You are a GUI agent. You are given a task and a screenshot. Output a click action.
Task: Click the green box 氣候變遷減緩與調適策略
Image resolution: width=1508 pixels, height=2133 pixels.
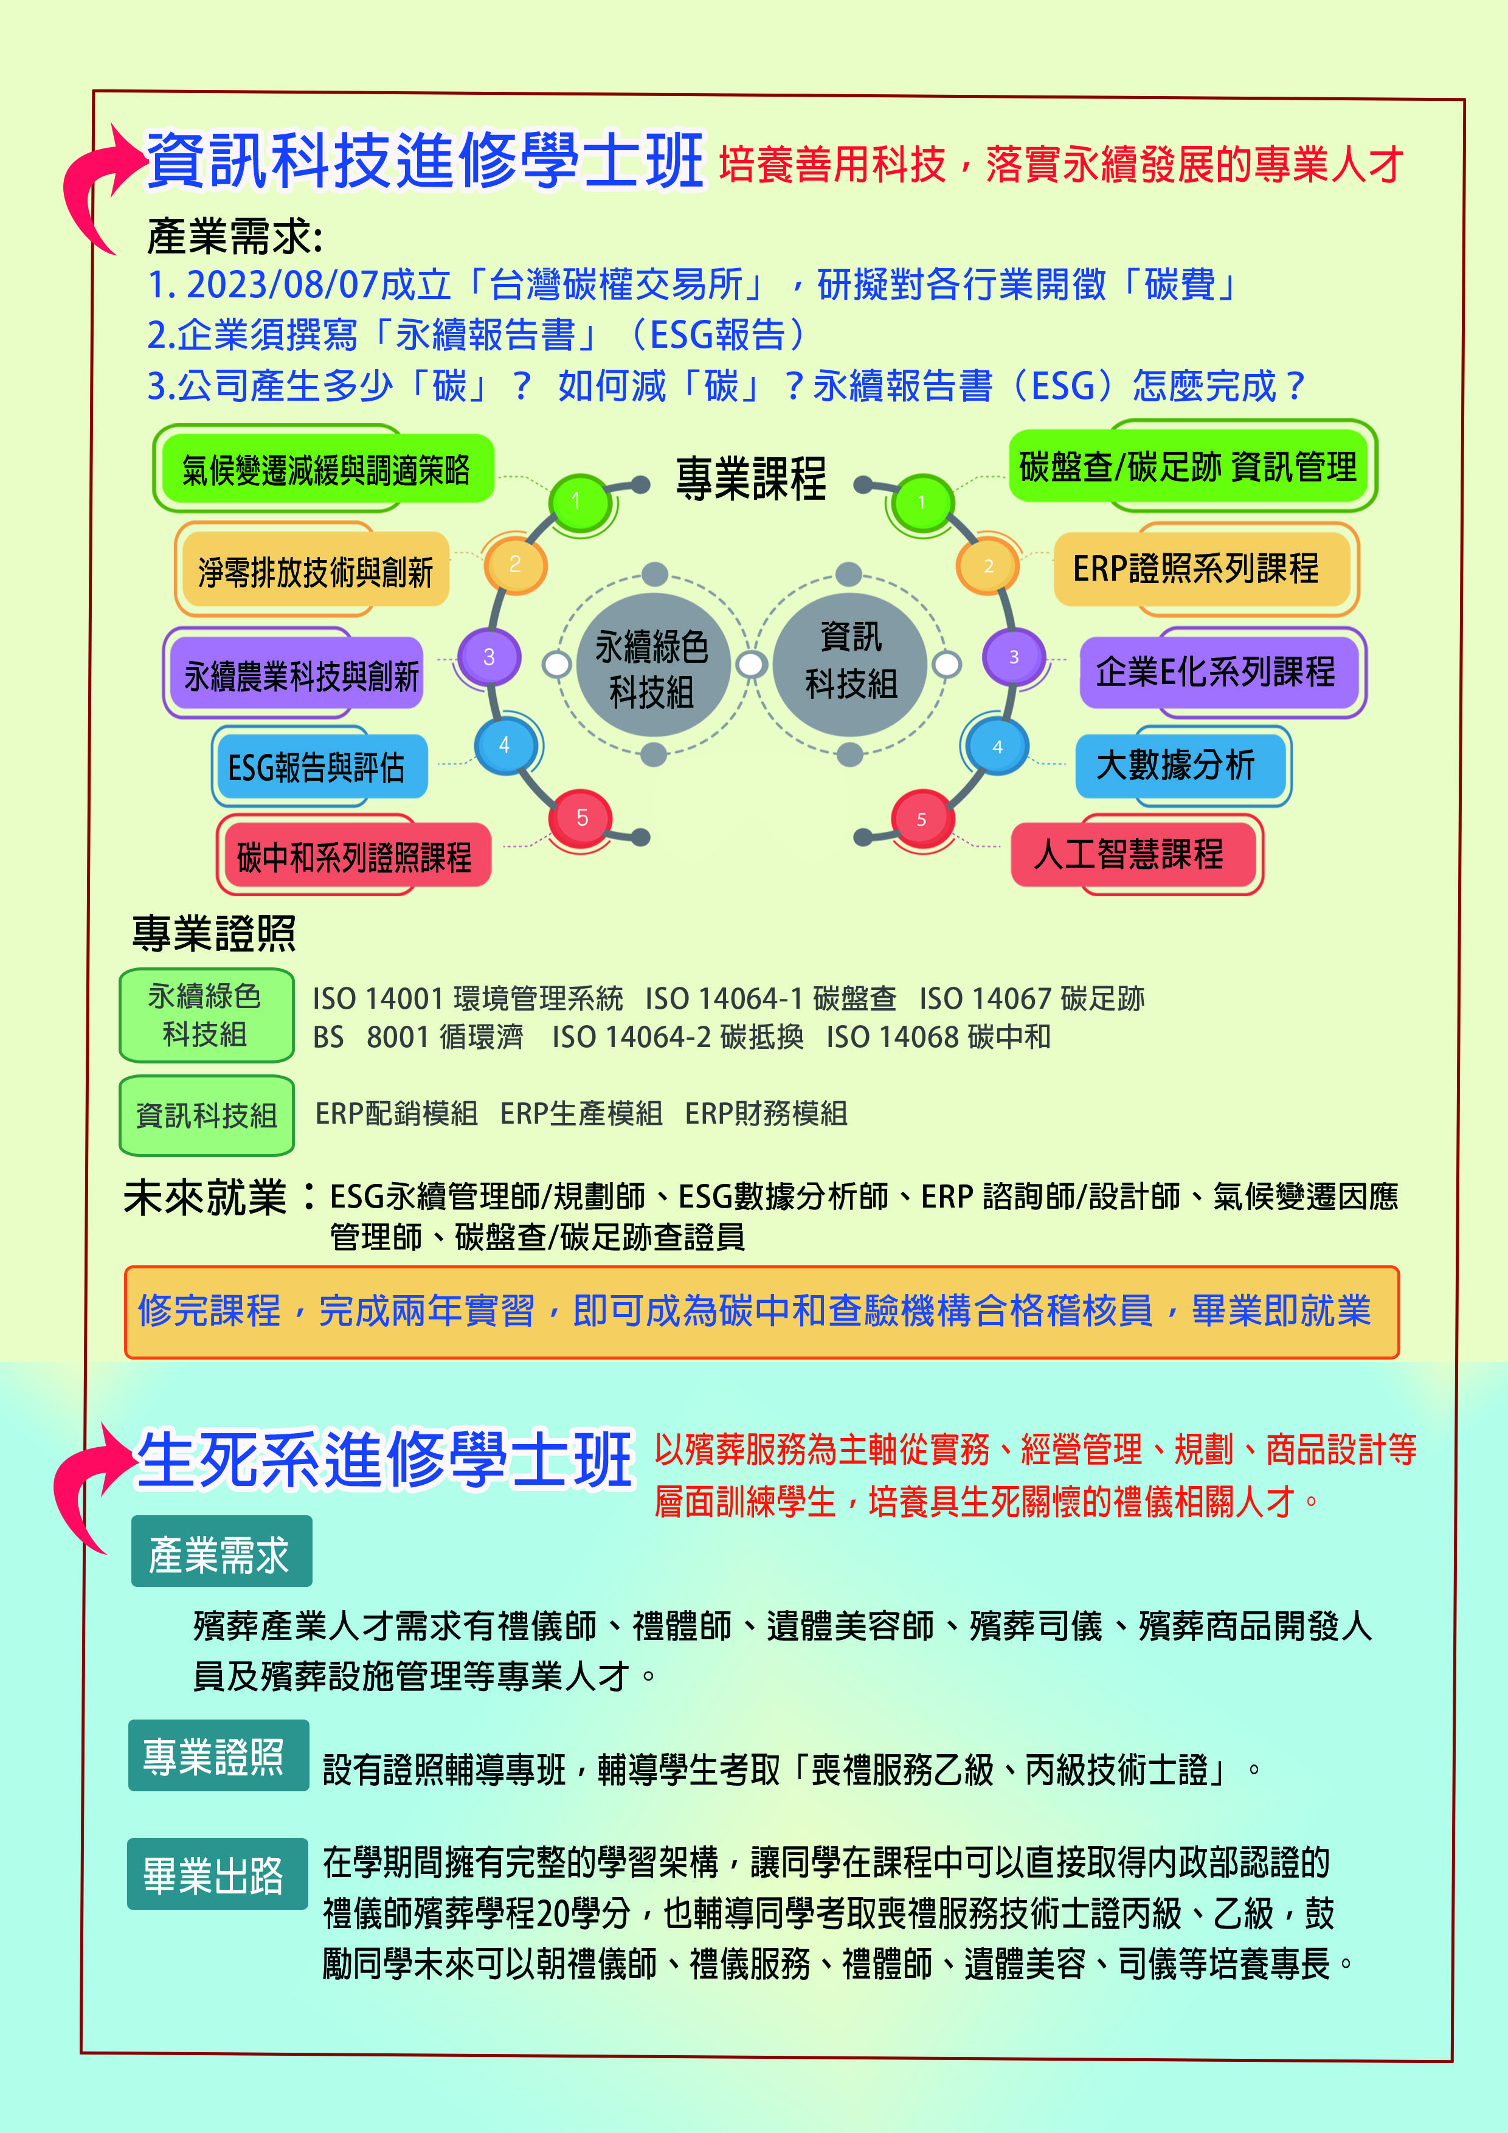tap(325, 469)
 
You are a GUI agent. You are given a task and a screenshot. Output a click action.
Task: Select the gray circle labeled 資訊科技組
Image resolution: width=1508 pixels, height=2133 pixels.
tap(850, 662)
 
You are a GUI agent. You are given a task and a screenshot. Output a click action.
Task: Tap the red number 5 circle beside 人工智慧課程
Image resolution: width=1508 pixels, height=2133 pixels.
tap(922, 818)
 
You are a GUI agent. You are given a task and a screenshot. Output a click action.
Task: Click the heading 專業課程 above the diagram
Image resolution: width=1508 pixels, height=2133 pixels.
tap(751, 479)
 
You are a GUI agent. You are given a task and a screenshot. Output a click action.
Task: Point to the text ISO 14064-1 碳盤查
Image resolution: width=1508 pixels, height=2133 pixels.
tap(770, 998)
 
